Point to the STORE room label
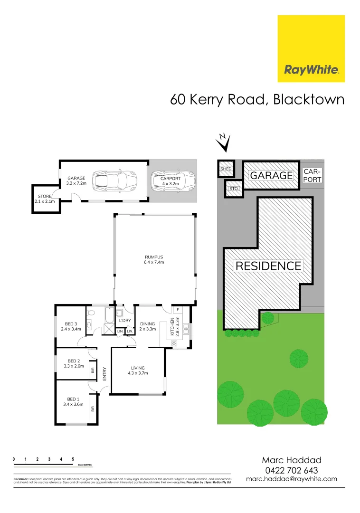click(x=44, y=199)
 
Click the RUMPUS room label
click(x=154, y=260)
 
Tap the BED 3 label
click(x=68, y=326)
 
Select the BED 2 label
click(x=73, y=363)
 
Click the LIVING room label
click(x=138, y=370)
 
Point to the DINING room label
click(x=147, y=326)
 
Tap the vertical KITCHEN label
click(x=174, y=326)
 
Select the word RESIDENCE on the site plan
click(x=268, y=266)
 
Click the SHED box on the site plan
click(x=226, y=169)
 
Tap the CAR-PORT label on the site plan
click(x=313, y=175)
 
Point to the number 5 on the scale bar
click(x=73, y=459)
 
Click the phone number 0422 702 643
click(x=292, y=470)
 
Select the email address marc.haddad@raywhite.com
click(x=292, y=479)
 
